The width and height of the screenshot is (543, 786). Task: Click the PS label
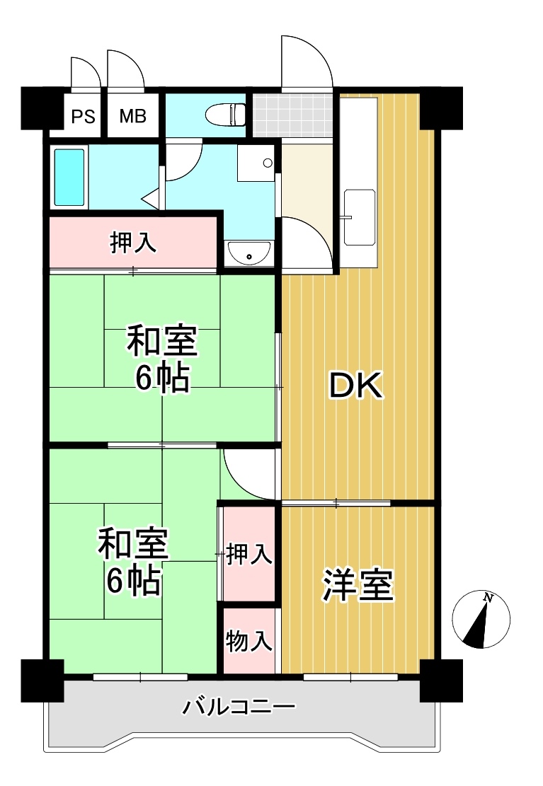coord(84,117)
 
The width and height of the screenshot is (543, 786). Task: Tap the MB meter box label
coord(133,116)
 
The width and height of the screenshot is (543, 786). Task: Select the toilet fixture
coord(225,115)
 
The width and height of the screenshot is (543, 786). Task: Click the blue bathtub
coord(69,178)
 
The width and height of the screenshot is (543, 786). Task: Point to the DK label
coord(356,386)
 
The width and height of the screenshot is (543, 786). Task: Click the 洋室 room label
coord(358,585)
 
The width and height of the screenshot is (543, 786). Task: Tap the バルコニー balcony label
coord(239,707)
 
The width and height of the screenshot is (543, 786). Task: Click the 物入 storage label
coord(249,641)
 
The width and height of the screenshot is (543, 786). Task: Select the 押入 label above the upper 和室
coord(133,243)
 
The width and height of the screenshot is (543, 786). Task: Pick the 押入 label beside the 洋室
coord(249,555)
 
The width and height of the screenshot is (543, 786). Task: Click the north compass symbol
coord(481,619)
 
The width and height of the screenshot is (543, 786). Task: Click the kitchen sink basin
coord(360,218)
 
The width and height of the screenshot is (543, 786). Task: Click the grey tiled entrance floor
coord(292,115)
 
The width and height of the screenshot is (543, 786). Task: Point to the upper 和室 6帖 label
coord(162,359)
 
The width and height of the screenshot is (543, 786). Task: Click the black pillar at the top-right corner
coord(441,108)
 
